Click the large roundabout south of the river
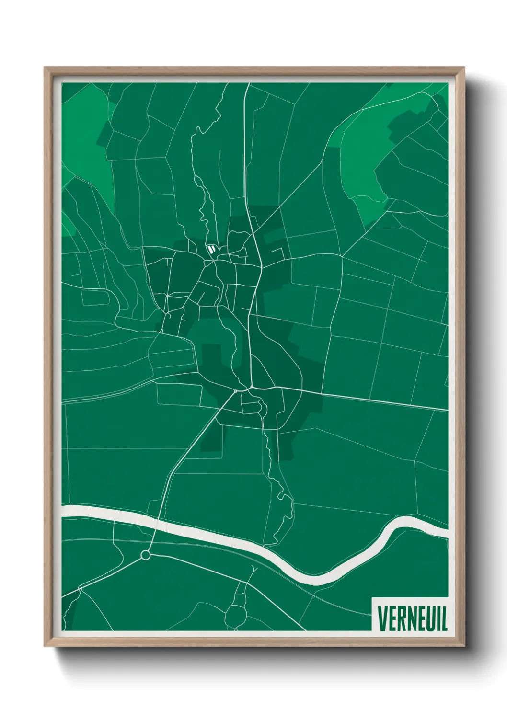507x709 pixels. click(x=146, y=555)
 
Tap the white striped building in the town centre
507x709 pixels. click(x=211, y=248)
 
